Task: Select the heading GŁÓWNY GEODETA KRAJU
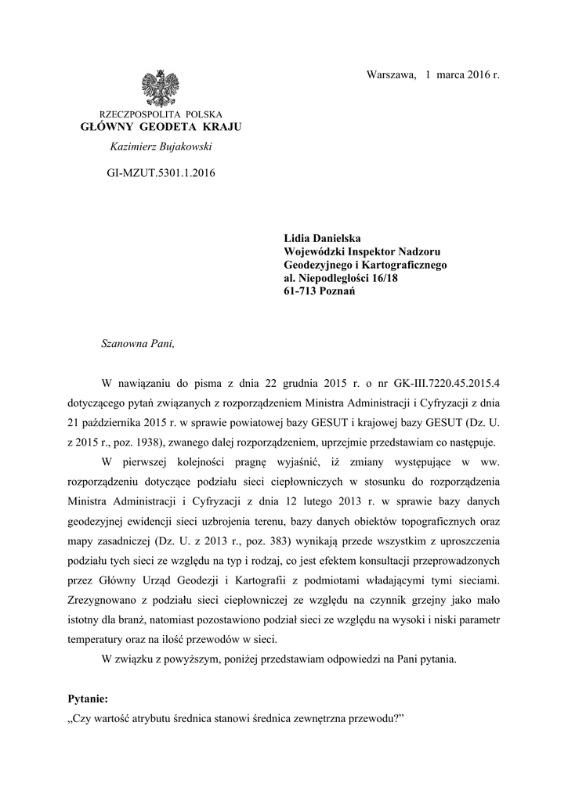click(x=161, y=127)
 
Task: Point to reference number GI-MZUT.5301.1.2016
click(x=160, y=172)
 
